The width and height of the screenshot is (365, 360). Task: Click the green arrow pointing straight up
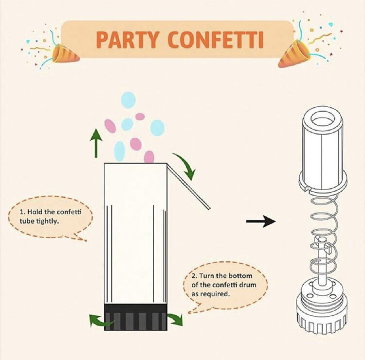tap(96, 143)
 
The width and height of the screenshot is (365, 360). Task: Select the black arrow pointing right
tap(261, 221)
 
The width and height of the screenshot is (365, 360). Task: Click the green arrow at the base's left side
tap(100, 320)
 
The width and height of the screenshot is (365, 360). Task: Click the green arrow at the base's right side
tap(175, 319)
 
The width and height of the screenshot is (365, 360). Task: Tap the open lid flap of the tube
tap(188, 186)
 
